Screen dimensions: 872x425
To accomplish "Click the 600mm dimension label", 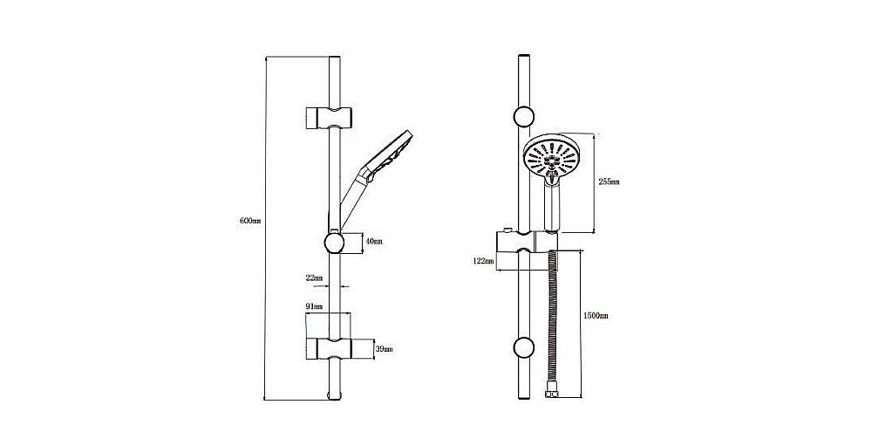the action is coord(249,221).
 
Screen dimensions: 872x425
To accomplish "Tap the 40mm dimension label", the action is coord(374,242).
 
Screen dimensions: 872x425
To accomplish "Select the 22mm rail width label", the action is coord(314,278).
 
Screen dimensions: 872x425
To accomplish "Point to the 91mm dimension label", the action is coord(314,306).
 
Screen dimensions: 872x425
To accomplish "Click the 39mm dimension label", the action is coord(385,349).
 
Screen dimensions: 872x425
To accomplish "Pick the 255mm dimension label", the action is coord(610,182).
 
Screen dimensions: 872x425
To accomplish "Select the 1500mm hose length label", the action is coord(596,315).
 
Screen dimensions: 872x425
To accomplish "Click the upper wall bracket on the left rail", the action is coord(329,117).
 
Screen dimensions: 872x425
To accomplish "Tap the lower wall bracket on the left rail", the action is coord(329,348).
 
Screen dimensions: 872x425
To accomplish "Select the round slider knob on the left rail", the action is coord(334,243).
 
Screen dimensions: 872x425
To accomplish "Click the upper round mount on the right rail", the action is coord(524,117).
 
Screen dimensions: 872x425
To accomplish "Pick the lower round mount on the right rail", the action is coord(524,347).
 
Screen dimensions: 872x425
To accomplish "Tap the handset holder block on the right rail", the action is coord(526,243).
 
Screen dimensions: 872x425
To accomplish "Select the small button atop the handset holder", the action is coord(506,230).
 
